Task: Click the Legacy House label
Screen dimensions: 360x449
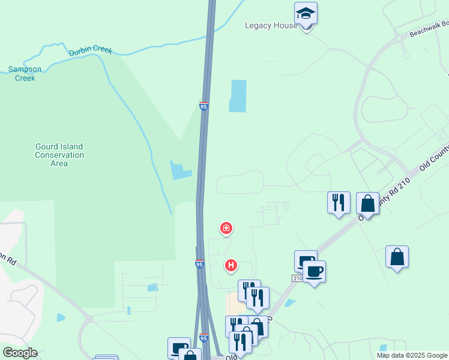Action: [x=271, y=26]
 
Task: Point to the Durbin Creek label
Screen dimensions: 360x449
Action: [x=90, y=52]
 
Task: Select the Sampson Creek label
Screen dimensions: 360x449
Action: [x=25, y=73]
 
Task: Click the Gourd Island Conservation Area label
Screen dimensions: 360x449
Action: [x=59, y=155]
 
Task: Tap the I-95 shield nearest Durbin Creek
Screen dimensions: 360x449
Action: [x=204, y=106]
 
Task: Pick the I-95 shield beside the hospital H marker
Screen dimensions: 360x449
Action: [x=199, y=263]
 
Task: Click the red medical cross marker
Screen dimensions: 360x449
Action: [x=226, y=228]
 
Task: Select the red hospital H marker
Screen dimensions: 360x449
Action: [x=231, y=265]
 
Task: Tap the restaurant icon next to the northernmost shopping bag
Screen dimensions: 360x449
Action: [x=339, y=202]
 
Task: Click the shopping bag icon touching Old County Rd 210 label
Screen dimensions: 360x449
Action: [x=367, y=203]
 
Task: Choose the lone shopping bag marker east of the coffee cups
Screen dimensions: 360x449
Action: [x=397, y=257]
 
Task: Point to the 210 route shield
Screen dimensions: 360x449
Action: [x=298, y=278]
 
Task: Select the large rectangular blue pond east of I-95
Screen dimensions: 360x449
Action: [x=238, y=96]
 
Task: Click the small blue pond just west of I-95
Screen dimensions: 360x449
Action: [x=181, y=170]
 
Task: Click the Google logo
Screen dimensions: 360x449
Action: [x=20, y=353]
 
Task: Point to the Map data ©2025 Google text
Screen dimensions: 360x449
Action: [x=411, y=355]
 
